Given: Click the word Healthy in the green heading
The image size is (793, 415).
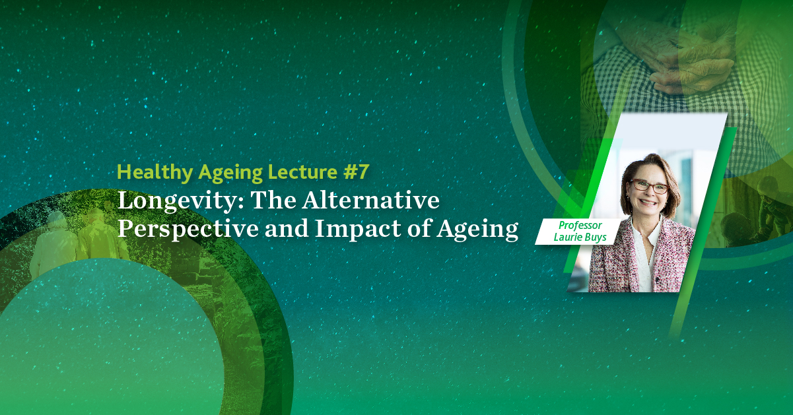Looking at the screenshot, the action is (155, 173).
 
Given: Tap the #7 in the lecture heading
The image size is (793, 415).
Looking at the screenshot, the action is (356, 172).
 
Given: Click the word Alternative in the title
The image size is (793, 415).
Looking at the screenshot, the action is (370, 201).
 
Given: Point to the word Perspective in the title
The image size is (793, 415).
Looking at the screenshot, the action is (188, 230).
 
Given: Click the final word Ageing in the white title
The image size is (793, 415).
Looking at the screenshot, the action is (477, 230).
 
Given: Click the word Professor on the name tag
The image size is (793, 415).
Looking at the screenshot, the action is (580, 226).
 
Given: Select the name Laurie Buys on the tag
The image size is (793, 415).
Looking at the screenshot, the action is (580, 237).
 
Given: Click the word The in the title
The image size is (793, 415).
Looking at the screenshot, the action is (273, 201).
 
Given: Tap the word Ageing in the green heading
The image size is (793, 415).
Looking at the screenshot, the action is (230, 173).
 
